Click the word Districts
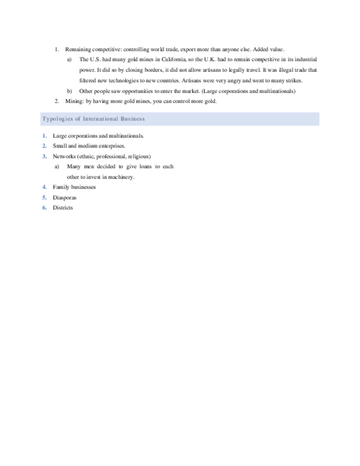[63, 208]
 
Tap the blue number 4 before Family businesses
[44, 187]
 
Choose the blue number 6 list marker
[44, 208]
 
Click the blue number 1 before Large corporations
[44, 135]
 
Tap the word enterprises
[112, 146]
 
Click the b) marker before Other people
[69, 91]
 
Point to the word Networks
[64, 156]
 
